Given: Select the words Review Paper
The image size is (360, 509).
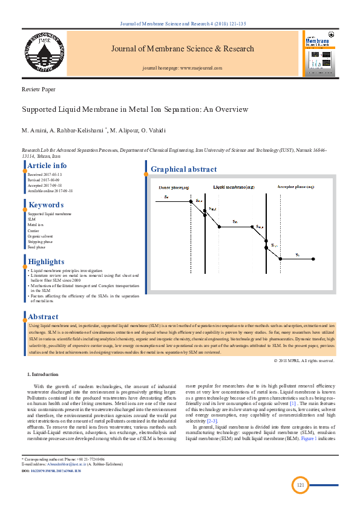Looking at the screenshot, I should coord(39,89).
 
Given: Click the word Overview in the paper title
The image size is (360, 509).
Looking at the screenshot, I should coord(227,109).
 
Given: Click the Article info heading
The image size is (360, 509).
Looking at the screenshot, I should coord(47,166).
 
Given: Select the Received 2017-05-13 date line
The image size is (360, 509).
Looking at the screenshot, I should coord(45,175).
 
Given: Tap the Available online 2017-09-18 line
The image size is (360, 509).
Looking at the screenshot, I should coord(50,191).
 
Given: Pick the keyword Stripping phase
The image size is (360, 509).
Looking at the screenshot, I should coord(42,241).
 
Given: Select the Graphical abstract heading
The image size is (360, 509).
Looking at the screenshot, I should coord(183,169).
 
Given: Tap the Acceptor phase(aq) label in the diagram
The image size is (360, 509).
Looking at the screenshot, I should coord(296,188).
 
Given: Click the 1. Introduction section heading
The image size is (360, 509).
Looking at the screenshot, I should coord(43,375).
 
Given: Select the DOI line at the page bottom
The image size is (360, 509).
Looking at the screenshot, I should coord(51,470).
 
